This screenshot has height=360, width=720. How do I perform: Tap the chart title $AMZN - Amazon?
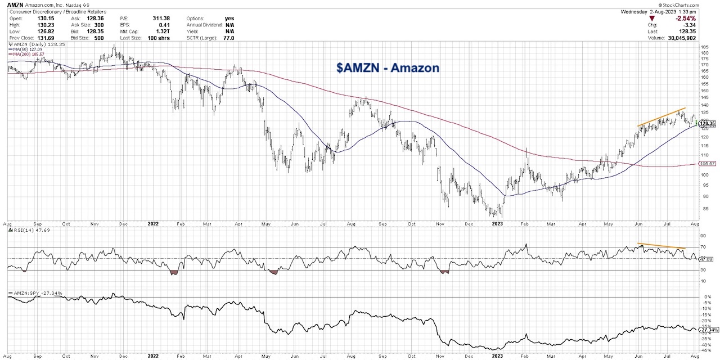pos(388,68)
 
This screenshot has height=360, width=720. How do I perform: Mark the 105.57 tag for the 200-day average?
pos(706,164)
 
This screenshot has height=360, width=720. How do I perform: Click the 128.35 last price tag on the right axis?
pos(706,124)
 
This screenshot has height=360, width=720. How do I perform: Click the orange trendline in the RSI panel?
pos(661,246)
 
